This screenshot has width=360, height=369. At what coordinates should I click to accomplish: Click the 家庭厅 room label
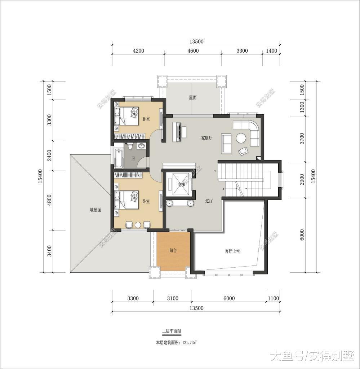click(207, 138)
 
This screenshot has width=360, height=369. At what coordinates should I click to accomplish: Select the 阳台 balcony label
click(173, 250)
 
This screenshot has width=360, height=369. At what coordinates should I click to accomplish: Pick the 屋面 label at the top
click(193, 97)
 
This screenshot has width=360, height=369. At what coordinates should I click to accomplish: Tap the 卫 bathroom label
click(133, 158)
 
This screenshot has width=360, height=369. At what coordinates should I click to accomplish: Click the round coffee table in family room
click(241, 138)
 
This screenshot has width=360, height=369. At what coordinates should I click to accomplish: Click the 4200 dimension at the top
click(138, 51)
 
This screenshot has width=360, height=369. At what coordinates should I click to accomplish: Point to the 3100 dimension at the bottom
click(173, 298)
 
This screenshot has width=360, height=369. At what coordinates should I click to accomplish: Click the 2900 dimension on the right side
click(302, 179)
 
